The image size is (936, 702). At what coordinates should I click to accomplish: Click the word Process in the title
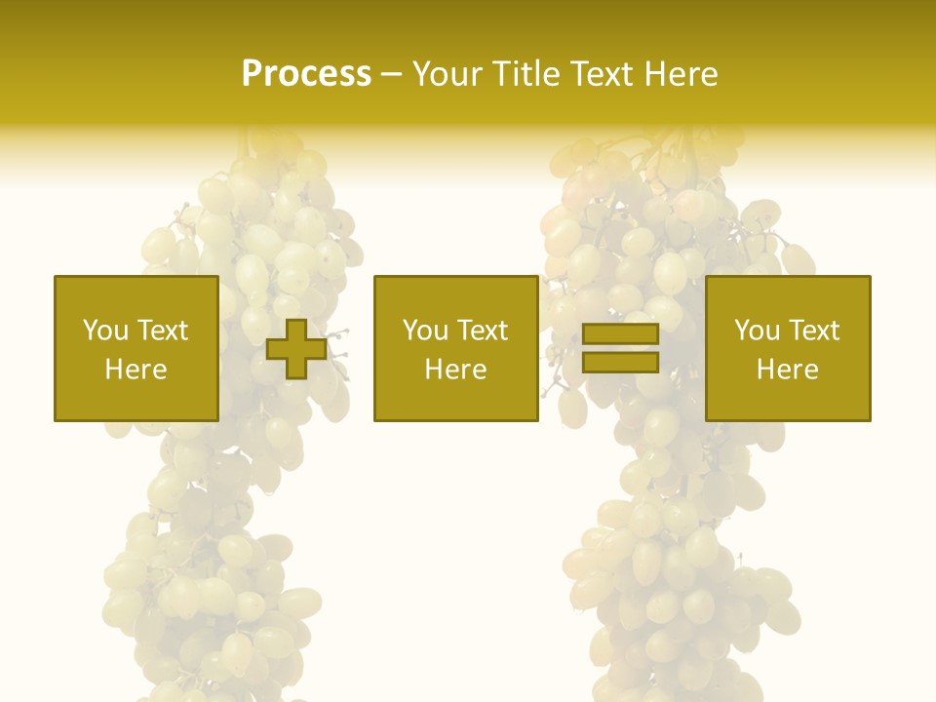click(x=306, y=74)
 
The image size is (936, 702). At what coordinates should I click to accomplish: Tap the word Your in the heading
click(x=447, y=74)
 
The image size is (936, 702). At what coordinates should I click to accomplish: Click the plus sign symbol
click(x=296, y=349)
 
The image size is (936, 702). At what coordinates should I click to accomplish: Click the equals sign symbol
click(x=620, y=349)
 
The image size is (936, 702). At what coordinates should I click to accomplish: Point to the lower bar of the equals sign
click(x=620, y=363)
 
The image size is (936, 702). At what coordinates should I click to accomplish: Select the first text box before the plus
click(x=136, y=348)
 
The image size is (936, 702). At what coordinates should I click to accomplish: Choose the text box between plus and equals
click(x=455, y=348)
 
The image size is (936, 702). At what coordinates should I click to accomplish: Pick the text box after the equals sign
click(x=787, y=348)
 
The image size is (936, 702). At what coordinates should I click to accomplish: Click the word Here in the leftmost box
click(x=136, y=370)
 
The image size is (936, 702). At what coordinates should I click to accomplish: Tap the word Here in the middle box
click(x=455, y=370)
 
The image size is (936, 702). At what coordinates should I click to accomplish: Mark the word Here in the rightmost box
click(x=787, y=370)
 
